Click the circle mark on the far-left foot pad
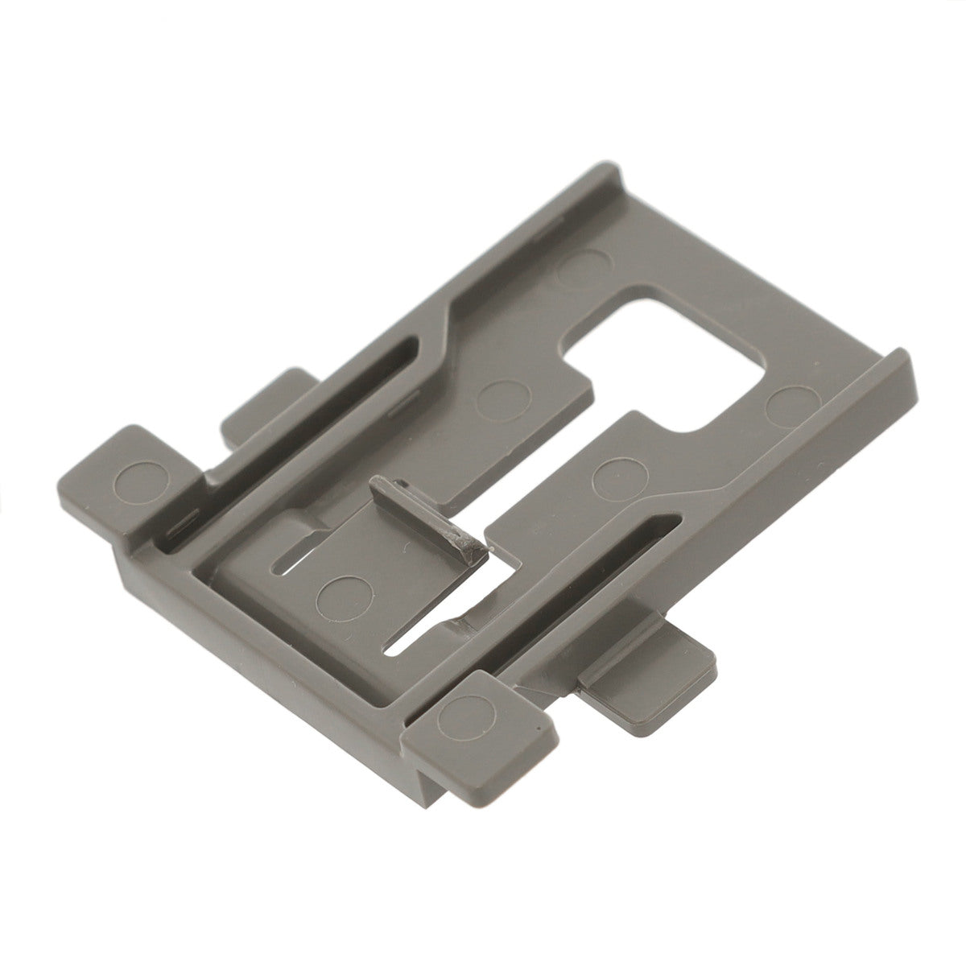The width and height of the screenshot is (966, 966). [x=133, y=479]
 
